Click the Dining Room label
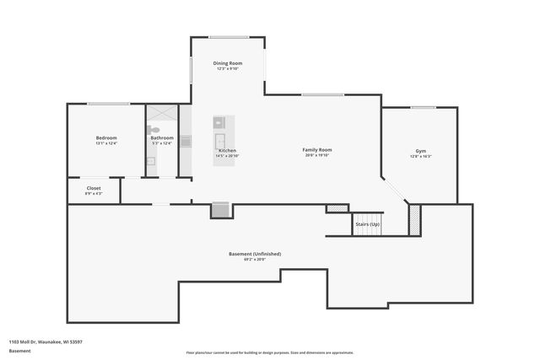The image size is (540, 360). click(x=228, y=63)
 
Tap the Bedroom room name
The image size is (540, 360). click(x=106, y=137)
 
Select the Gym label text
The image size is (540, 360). click(x=420, y=151)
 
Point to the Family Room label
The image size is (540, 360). click(x=317, y=150)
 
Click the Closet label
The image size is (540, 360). click(x=94, y=188)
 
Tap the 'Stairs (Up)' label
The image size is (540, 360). click(x=367, y=225)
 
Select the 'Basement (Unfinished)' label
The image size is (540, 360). click(x=255, y=254)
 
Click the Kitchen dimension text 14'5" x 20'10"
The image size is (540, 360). click(x=227, y=156)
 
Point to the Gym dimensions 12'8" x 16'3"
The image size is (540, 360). click(x=420, y=157)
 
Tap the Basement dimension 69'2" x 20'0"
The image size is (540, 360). click(x=255, y=260)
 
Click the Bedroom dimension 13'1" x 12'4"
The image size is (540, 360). click(x=106, y=143)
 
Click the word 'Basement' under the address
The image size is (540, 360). click(x=19, y=350)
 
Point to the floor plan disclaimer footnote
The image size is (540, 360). click(x=270, y=352)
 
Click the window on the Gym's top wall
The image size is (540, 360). click(x=423, y=107)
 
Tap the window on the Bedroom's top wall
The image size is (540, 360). click(x=108, y=104)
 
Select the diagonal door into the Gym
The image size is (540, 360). click(x=395, y=190)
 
